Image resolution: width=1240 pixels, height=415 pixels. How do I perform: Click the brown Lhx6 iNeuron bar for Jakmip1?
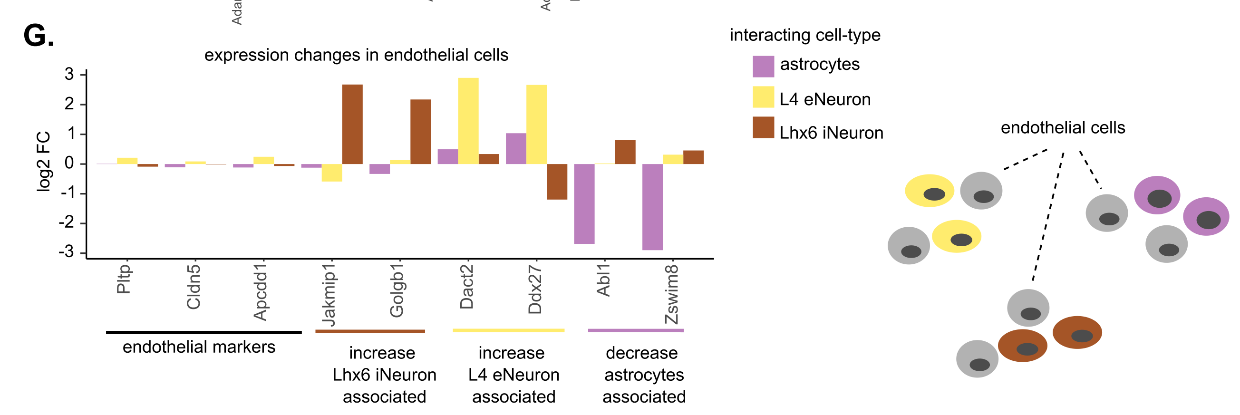pyautogui.click(x=352, y=124)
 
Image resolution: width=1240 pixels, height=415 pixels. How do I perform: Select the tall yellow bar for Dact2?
pyautogui.click(x=468, y=121)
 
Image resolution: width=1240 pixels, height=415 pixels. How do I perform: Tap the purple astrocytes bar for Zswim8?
pyautogui.click(x=652, y=207)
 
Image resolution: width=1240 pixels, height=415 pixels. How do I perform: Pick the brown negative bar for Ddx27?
pyautogui.click(x=557, y=182)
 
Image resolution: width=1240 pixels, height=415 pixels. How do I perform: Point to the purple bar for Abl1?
pyautogui.click(x=584, y=203)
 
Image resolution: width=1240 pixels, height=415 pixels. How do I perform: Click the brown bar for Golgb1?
pyautogui.click(x=420, y=131)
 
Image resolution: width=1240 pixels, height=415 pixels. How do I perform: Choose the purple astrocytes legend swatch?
pyautogui.click(x=764, y=67)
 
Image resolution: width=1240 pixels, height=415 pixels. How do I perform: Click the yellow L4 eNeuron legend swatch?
pyautogui.click(x=764, y=97)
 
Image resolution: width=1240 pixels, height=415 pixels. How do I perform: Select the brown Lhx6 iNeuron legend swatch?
pyautogui.click(x=764, y=127)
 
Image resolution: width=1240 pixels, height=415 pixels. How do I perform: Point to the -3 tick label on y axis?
pyautogui.click(x=67, y=252)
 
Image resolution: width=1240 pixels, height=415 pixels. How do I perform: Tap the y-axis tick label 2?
pyautogui.click(x=69, y=104)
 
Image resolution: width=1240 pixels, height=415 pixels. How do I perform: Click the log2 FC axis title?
pyautogui.click(x=43, y=162)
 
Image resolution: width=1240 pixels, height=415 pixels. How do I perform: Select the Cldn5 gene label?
pyautogui.click(x=193, y=287)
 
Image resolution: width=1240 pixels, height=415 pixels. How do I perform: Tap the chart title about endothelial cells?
pyautogui.click(x=356, y=55)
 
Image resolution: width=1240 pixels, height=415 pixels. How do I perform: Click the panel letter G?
pyautogui.click(x=39, y=36)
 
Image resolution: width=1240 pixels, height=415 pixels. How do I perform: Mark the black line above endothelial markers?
pyautogui.click(x=203, y=332)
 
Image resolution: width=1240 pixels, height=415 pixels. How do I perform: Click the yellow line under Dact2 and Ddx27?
pyautogui.click(x=508, y=330)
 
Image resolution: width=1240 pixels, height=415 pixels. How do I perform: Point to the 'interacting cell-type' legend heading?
pyautogui.click(x=805, y=35)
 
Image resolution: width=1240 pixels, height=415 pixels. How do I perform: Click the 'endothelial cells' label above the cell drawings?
pyautogui.click(x=1063, y=127)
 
